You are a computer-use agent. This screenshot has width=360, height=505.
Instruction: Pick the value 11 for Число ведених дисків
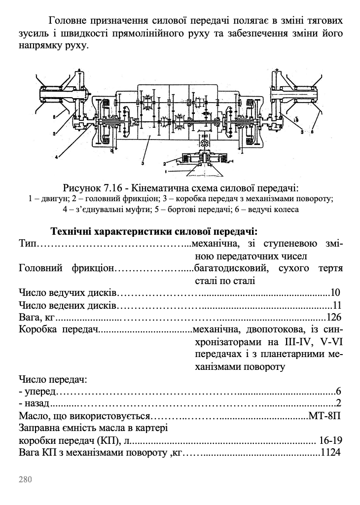337,305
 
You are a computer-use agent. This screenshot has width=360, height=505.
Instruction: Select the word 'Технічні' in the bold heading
72,231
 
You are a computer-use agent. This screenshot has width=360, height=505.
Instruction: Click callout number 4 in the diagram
57,156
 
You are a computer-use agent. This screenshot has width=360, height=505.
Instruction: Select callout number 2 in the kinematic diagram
165,163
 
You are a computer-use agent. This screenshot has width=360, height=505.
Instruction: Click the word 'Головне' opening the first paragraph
68,22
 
